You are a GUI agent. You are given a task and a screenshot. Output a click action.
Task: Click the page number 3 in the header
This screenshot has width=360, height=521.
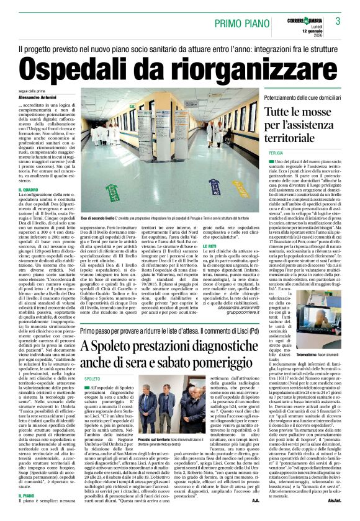pos(338,20)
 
